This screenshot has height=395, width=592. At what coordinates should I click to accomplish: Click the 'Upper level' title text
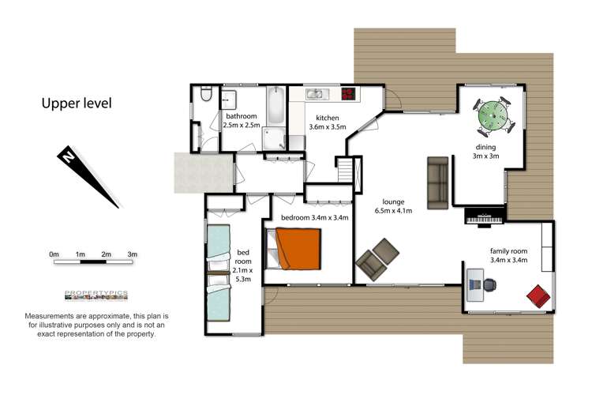(77, 103)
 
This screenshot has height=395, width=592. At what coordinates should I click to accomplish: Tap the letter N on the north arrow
(68, 156)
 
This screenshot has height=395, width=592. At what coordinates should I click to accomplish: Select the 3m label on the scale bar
(132, 254)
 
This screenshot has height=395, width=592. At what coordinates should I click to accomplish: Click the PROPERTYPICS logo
(96, 295)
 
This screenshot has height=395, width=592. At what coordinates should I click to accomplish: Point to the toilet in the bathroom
(206, 94)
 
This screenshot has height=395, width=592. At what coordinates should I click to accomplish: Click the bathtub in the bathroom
(275, 105)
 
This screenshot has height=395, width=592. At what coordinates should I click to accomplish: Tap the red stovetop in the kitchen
(348, 93)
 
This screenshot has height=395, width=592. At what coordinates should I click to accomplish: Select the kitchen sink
(317, 94)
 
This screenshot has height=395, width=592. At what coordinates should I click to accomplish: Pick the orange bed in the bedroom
(298, 249)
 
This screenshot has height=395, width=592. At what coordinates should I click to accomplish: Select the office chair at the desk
(489, 285)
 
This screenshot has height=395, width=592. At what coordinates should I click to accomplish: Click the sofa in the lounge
(437, 183)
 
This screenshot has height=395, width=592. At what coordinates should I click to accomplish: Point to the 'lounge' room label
(393, 202)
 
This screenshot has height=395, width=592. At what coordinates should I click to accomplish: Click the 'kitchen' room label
(328, 118)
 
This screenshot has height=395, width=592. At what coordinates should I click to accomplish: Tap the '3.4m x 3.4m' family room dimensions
(508, 260)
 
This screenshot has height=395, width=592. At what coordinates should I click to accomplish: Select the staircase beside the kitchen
(345, 171)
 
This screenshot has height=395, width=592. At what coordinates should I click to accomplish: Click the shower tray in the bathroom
(274, 139)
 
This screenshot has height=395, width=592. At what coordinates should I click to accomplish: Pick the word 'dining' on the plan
(485, 147)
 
